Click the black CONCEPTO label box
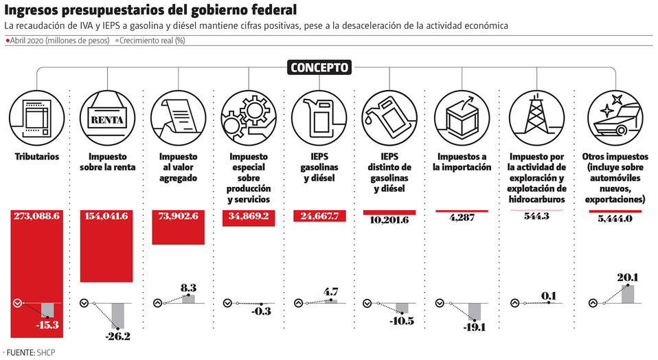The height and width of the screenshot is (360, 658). click(x=319, y=67)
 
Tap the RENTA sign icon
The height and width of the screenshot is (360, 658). click(x=107, y=117)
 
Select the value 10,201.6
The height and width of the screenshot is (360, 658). click(x=389, y=220)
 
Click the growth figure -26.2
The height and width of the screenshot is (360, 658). click(x=119, y=337)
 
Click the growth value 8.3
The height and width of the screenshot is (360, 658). click(x=189, y=289)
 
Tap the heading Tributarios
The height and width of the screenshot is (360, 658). click(x=37, y=157)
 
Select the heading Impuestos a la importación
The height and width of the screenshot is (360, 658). click(x=462, y=161)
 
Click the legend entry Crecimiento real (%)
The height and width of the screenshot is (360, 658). click(x=151, y=41)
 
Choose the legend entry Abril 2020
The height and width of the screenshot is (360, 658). click(x=58, y=41)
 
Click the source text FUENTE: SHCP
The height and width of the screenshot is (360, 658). click(x=31, y=352)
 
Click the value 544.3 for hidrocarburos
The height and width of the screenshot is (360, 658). click(x=532, y=216)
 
